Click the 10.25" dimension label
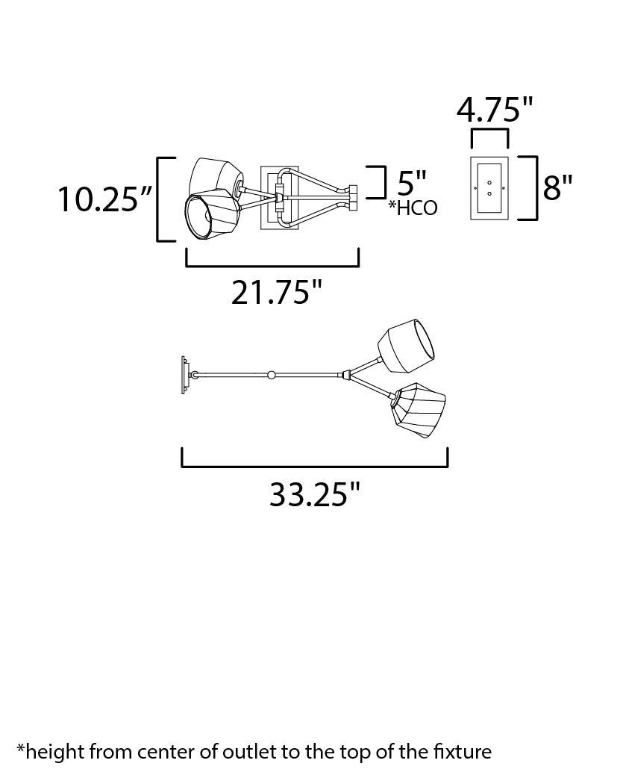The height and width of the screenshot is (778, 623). [104, 199]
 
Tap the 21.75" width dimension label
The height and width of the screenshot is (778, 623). [277, 292]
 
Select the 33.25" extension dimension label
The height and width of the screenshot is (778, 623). [314, 494]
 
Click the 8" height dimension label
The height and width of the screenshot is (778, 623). [557, 187]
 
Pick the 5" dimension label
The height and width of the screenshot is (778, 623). [412, 183]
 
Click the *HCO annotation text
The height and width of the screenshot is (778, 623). [413, 208]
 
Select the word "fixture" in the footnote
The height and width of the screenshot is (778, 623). [463, 752]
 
